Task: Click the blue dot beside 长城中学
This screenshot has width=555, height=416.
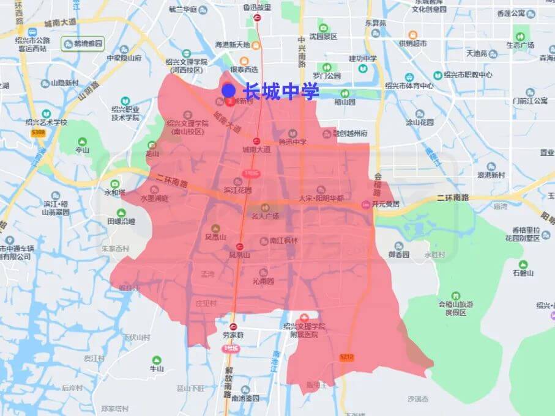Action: [x=229, y=91]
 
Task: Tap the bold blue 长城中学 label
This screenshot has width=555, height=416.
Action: [x=281, y=92]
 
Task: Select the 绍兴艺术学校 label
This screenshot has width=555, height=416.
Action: [x=46, y=122]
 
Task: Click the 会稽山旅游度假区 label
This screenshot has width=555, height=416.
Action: [x=456, y=308]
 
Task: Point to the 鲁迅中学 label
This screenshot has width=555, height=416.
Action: [x=292, y=142]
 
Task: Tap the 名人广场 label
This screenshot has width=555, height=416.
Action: [x=265, y=216]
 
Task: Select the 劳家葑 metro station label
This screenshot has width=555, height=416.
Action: [x=233, y=335]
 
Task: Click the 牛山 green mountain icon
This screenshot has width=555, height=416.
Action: [x=157, y=360]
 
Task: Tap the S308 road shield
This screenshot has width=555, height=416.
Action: [x=38, y=132]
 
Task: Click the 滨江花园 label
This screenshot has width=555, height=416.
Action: [x=238, y=190]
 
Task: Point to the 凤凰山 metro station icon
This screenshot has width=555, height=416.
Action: [x=240, y=246]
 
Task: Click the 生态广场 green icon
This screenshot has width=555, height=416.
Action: [x=520, y=36]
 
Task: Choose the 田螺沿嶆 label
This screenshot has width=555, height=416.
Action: [x=121, y=221]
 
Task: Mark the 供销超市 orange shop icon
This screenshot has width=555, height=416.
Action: [x=412, y=35]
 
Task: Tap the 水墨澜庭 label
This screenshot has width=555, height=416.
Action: [x=154, y=199]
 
